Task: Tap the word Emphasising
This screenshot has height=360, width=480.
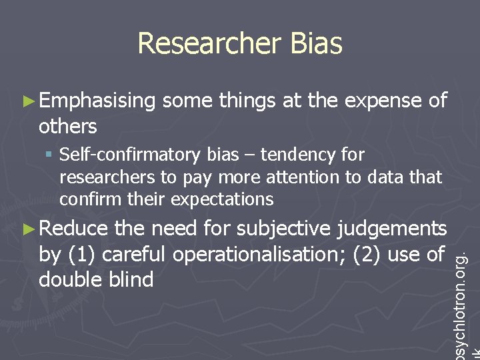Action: [97, 101]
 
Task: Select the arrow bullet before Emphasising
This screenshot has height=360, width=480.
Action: [27, 101]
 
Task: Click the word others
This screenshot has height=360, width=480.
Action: [68, 126]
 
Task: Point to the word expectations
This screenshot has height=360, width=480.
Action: [223, 199]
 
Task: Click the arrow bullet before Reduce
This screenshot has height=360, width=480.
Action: [27, 229]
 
